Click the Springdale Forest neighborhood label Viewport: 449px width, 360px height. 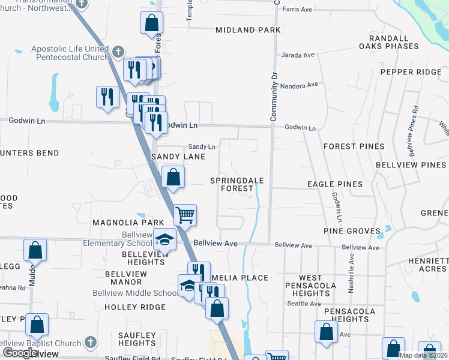232,184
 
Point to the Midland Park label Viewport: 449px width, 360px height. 248,30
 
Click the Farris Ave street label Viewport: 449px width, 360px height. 298,10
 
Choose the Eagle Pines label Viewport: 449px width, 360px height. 335,184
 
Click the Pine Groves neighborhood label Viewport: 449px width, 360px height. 352,231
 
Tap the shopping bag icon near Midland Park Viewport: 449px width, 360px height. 152,23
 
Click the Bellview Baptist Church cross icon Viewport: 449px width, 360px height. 90,343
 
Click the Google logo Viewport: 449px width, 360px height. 19,353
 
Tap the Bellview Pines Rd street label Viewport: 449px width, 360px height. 415,125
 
